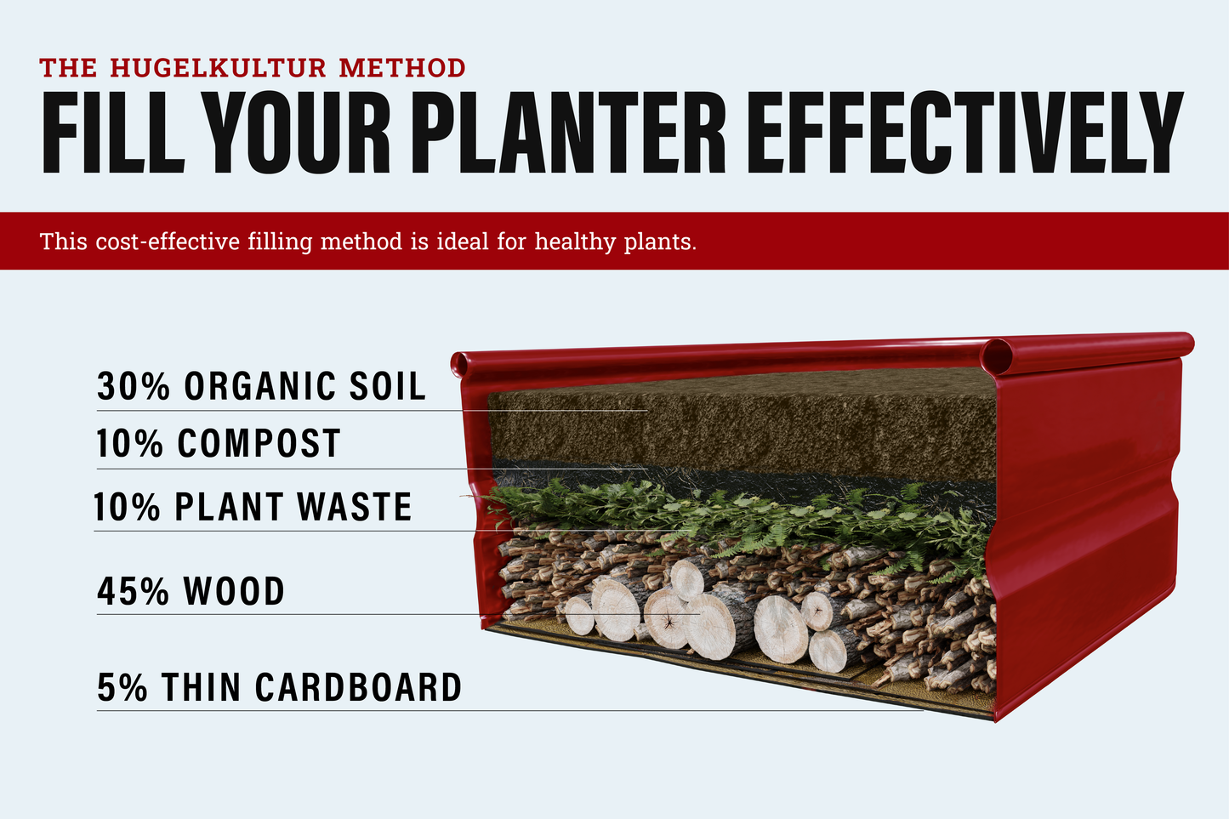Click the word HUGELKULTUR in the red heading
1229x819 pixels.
pyautogui.click(x=219, y=68)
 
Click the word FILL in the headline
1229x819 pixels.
pyautogui.click(x=113, y=132)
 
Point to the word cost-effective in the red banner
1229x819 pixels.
pyautogui.click(x=168, y=242)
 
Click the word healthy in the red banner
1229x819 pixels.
pyautogui.click(x=575, y=242)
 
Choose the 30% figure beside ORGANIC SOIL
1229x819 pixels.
pyautogui.click(x=134, y=385)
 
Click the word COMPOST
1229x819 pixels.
pyautogui.click(x=259, y=443)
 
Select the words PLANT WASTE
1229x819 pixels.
pyautogui.click(x=293, y=506)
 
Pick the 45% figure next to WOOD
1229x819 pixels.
pyautogui.click(x=134, y=591)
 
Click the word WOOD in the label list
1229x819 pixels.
pyautogui.click(x=234, y=591)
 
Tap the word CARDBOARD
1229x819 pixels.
pyautogui.click(x=359, y=687)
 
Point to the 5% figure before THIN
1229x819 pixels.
pyautogui.click(x=122, y=687)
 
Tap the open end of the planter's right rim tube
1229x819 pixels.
pyautogui.click(x=999, y=356)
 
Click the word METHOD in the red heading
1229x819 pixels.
pyautogui.click(x=402, y=68)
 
